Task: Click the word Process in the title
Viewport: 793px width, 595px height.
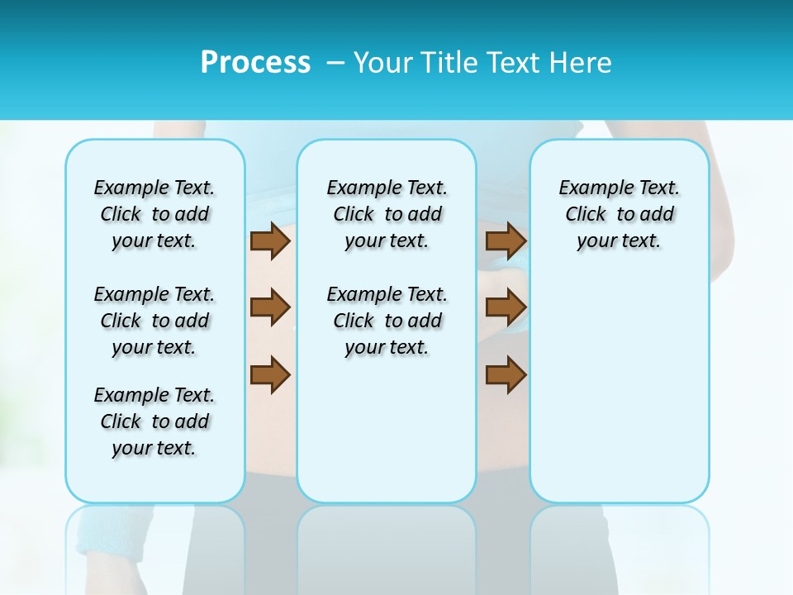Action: tap(255, 63)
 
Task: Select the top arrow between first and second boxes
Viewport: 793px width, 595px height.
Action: tap(270, 241)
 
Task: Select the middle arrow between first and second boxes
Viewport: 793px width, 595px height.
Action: tap(270, 308)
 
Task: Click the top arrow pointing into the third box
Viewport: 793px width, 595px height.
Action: tap(506, 241)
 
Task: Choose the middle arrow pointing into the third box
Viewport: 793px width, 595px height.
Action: tap(506, 308)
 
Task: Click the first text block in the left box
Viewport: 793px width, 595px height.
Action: tap(154, 214)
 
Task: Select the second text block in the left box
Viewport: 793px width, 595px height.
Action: tap(154, 321)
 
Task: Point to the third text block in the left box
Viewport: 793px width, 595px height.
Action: tap(154, 421)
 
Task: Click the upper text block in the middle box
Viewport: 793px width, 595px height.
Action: tap(387, 214)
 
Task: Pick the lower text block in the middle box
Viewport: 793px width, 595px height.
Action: tap(387, 321)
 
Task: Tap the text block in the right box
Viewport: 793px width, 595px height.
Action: tap(619, 214)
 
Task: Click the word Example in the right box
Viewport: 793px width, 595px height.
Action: tap(589, 188)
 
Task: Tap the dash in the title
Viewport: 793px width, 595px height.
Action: tap(335, 63)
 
